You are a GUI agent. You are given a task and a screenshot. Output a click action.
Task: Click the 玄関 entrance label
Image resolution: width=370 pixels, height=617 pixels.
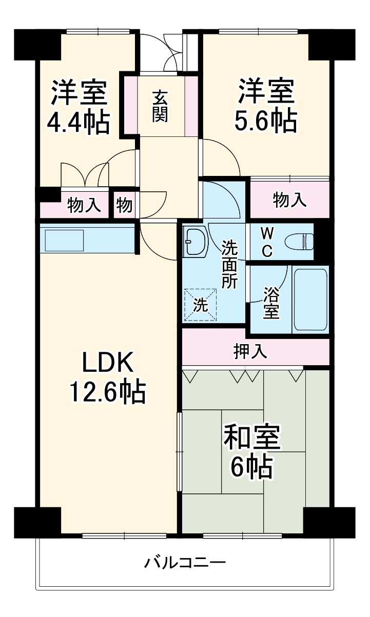pos(160,106)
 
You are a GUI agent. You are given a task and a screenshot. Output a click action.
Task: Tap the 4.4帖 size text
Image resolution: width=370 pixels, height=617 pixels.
pos(78,123)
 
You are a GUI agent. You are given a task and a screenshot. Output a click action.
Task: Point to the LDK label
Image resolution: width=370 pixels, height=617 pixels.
pos(108,363)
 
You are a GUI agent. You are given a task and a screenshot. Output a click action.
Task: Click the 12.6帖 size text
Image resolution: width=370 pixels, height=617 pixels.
pos(108,393)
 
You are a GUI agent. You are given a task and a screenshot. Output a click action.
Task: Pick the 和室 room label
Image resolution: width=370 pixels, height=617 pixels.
pos(251,437)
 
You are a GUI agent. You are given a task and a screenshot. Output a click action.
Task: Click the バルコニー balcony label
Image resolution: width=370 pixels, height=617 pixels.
pos(184,563)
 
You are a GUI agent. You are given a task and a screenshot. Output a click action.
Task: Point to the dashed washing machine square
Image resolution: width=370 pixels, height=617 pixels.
pos(201,305)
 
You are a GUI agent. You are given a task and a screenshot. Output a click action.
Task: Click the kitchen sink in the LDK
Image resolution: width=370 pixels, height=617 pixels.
pos(64,240)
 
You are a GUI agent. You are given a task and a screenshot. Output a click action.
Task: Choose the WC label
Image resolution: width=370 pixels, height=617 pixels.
pos(267,242)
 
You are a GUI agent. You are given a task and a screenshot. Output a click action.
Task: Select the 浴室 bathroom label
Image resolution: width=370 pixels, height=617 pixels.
pos(271,303)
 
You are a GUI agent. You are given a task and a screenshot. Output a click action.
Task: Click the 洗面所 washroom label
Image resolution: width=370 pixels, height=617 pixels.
pos(229,264)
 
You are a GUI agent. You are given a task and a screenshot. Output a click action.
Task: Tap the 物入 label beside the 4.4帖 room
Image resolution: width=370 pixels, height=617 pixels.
pos(84,206)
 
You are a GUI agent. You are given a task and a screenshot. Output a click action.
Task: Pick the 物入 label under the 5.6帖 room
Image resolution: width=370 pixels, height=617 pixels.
pos(290,201)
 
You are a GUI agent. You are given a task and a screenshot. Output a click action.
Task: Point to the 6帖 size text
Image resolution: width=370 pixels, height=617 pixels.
pos(251,467)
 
